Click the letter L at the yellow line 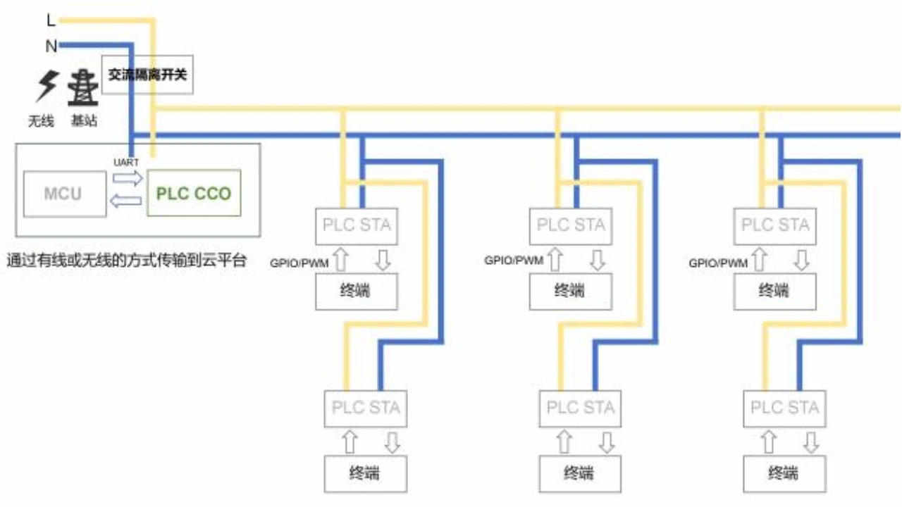point(50,20)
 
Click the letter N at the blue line point(51,46)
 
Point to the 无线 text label point(41,121)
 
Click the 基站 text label point(84,121)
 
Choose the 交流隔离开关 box point(147,74)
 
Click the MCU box point(63,194)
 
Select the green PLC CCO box point(194,193)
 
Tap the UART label point(126,162)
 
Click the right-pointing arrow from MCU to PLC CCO point(127,179)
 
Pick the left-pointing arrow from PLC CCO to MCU point(127,202)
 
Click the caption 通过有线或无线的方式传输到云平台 point(127,261)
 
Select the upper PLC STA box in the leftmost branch point(357,226)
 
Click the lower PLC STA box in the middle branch point(581,408)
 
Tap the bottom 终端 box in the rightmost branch point(784,473)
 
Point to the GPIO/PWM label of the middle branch point(514,261)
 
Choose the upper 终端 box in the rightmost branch point(774,291)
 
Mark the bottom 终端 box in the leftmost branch point(365,473)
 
